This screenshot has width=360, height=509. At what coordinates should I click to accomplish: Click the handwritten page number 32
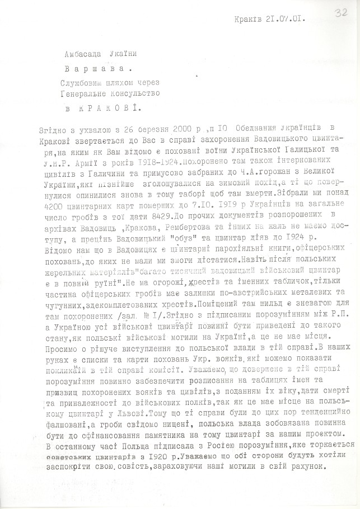(339, 13)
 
